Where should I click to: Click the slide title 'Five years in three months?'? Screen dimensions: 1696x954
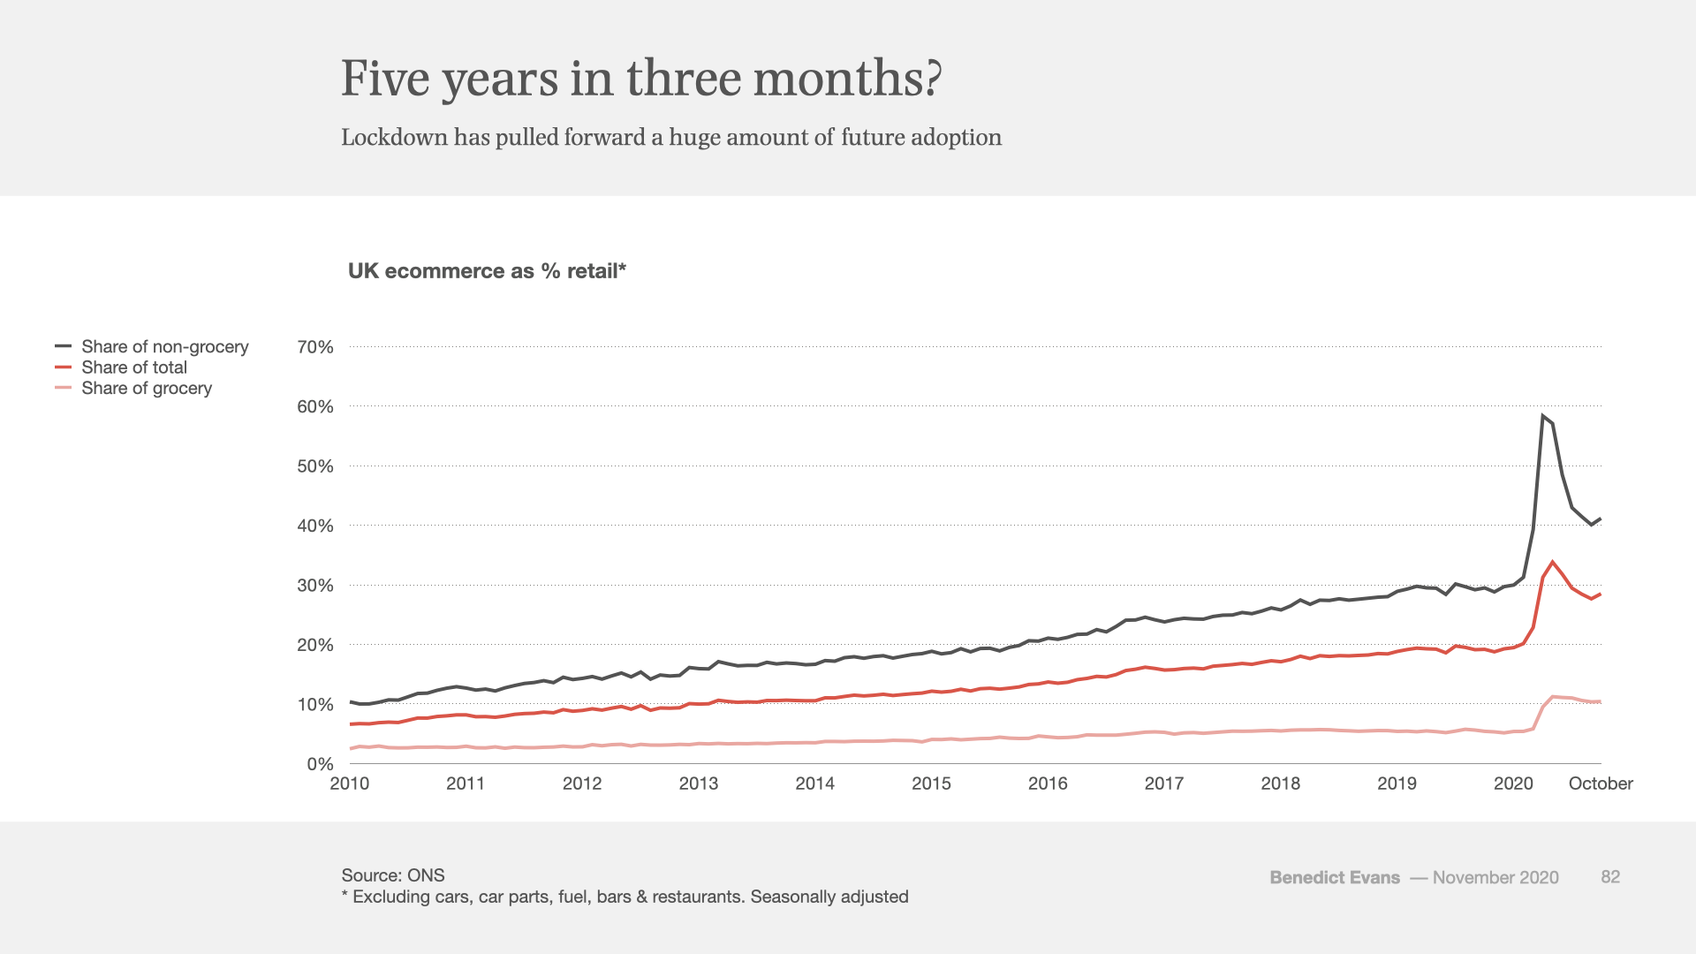[x=641, y=79]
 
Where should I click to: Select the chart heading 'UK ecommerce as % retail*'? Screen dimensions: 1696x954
[x=487, y=271]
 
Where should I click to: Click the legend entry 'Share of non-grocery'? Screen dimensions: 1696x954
[x=165, y=346]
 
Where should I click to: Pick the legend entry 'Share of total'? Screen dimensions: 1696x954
[x=134, y=367]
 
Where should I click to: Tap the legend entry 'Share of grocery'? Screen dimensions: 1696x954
[x=147, y=388]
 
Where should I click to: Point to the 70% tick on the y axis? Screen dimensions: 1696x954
[x=315, y=347]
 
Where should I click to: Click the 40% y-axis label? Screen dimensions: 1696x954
[x=315, y=526]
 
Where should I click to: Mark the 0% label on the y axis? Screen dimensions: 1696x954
[x=320, y=764]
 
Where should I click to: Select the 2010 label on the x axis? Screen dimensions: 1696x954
[x=350, y=784]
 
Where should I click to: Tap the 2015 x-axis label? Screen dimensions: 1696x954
[x=931, y=784]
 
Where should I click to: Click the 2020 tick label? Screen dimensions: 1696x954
[x=1513, y=784]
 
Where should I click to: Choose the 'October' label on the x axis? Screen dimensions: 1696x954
[x=1601, y=784]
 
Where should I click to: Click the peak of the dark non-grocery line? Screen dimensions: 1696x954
[x=1542, y=415]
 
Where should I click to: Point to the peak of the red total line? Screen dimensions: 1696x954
[x=1552, y=562]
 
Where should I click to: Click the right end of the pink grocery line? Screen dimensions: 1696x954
[x=1601, y=702]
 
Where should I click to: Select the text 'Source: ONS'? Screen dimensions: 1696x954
[x=393, y=875]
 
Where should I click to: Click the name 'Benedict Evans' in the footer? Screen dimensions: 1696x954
[x=1335, y=877]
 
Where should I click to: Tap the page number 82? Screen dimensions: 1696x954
[x=1610, y=876]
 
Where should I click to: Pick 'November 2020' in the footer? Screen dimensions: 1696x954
[x=1495, y=877]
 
